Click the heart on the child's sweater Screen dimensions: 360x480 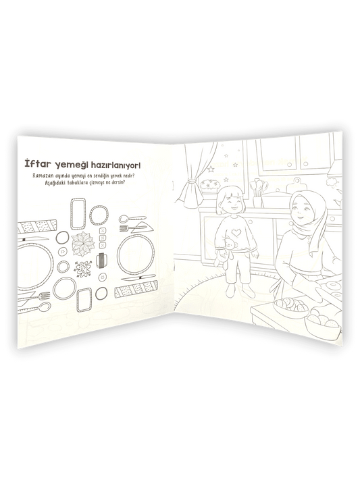point(236,232)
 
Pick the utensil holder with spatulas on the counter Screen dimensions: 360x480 point(258,193)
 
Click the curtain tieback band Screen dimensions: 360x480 point(192,181)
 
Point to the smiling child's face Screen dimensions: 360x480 point(232,204)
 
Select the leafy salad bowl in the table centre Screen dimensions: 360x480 point(83,244)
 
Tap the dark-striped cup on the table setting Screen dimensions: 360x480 point(102,261)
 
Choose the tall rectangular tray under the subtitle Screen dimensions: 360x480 point(78,214)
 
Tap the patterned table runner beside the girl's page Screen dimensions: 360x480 point(136,289)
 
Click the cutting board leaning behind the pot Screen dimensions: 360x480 point(296,185)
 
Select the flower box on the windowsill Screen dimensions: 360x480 point(210,185)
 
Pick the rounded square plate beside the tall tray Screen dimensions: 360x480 point(99,215)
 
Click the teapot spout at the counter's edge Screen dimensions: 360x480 point(336,202)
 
